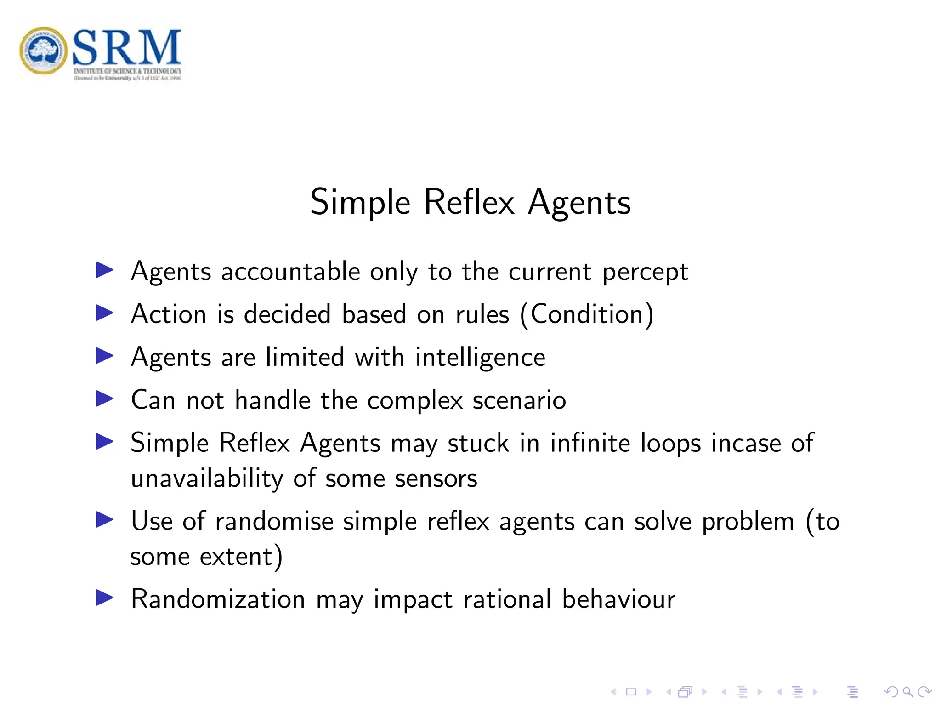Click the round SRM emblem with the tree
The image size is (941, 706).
[44, 51]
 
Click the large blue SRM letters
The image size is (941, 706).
[127, 47]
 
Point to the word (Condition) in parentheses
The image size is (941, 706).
[587, 315]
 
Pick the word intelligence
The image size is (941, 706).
[480, 358]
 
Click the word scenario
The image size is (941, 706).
[519, 400]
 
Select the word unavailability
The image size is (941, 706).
[207, 479]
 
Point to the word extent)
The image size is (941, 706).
[241, 557]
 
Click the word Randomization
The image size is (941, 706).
[218, 599]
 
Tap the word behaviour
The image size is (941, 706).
[618, 599]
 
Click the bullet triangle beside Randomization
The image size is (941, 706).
[105, 598]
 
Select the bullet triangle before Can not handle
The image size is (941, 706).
[105, 399]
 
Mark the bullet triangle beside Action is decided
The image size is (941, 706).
[105, 313]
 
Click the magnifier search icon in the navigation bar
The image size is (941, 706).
[907, 692]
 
